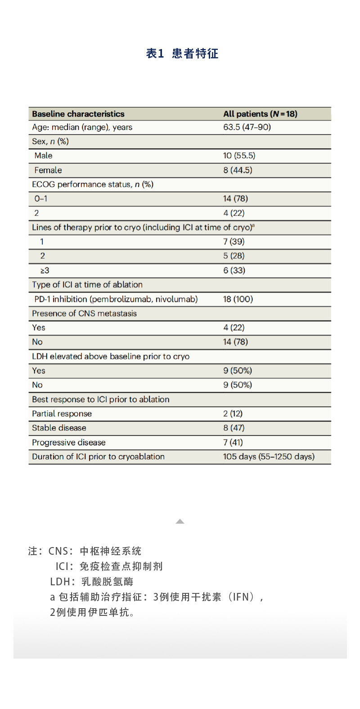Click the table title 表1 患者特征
click(182, 54)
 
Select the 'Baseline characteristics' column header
click(78, 114)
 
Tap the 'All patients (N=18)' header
click(260, 114)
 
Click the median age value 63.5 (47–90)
click(247, 127)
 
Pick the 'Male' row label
click(43, 156)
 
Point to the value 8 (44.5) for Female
click(238, 170)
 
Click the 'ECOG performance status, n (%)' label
click(93, 184)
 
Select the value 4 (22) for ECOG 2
click(234, 213)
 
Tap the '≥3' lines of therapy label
click(45, 270)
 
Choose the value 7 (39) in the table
click(234, 242)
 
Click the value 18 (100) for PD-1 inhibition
click(238, 299)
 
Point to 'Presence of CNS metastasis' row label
click(84, 314)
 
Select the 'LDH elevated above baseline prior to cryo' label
click(111, 356)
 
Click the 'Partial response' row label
click(62, 413)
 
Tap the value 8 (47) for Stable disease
click(234, 428)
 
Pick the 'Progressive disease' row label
click(68, 442)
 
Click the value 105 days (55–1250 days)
click(269, 457)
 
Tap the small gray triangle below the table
click(180, 521)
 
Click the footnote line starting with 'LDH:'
click(92, 582)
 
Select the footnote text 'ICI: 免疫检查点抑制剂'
click(109, 566)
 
